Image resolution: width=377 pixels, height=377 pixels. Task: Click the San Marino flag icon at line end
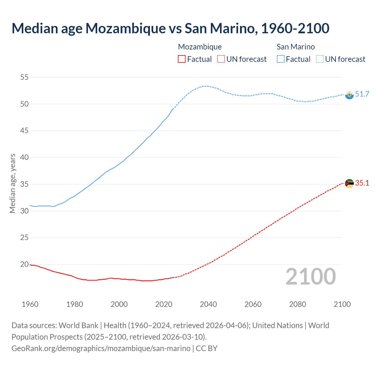[349, 95]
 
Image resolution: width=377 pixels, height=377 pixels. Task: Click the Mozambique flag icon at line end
[349, 183]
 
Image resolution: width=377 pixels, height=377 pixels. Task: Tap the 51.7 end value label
[362, 94]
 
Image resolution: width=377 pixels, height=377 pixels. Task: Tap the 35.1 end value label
[362, 183]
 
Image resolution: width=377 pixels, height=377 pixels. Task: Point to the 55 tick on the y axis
[24, 77]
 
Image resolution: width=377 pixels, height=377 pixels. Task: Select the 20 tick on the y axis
[24, 264]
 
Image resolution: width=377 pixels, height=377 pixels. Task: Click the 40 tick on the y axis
[24, 158]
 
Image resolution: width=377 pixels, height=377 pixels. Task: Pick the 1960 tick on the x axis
[30, 304]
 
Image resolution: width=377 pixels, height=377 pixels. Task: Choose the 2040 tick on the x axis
[208, 304]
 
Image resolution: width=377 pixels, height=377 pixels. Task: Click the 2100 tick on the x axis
[342, 304]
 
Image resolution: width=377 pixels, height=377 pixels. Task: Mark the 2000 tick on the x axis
[119, 304]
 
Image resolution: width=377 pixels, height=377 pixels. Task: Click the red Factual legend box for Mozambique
[182, 59]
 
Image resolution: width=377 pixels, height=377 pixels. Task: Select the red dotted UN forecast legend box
[221, 59]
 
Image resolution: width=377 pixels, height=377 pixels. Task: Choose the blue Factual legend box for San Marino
[281, 59]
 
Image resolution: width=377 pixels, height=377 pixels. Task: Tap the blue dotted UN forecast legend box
[320, 59]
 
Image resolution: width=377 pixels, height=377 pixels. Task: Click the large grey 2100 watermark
[310, 276]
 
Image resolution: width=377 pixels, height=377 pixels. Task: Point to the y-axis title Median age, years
[12, 183]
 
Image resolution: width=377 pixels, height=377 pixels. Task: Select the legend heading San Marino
[296, 47]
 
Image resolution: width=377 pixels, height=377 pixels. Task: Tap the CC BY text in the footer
[206, 348]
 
